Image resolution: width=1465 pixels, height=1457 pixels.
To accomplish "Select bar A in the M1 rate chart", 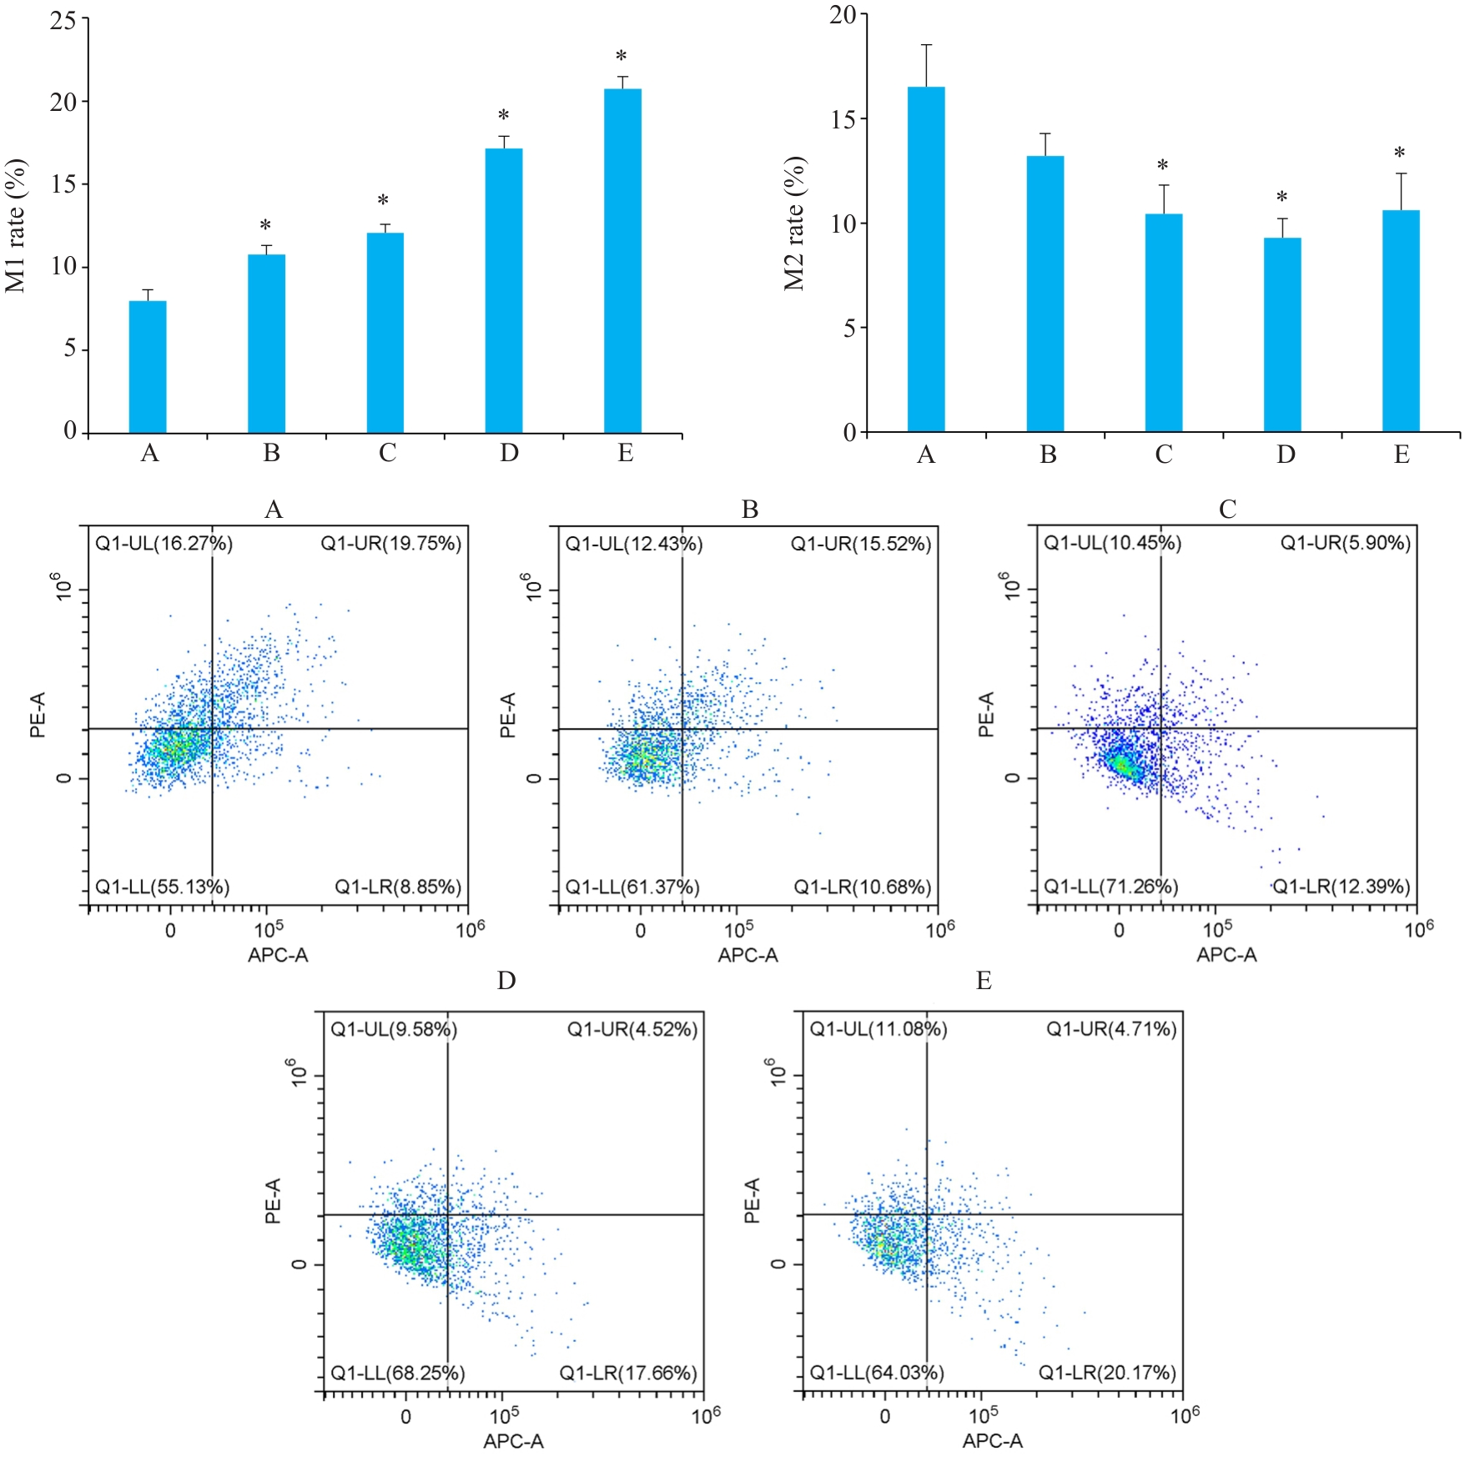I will [x=148, y=366].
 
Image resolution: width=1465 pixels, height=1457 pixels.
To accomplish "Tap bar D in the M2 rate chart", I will [x=1282, y=334].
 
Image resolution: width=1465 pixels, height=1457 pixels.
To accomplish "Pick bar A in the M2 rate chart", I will [x=926, y=259].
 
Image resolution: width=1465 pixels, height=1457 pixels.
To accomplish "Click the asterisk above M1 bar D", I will [x=503, y=116].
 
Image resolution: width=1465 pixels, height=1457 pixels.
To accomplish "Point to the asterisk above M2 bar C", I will [x=1162, y=166].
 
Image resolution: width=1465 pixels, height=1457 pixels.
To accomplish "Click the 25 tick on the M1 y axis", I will [x=63, y=20].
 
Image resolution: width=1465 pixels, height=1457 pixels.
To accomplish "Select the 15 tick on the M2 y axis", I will [x=843, y=119].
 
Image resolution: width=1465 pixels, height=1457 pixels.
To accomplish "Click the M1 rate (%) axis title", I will [x=16, y=226].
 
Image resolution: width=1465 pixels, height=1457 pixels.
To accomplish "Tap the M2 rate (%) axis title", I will [x=794, y=224].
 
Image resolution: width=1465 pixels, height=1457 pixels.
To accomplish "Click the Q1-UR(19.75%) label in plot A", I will [x=390, y=544].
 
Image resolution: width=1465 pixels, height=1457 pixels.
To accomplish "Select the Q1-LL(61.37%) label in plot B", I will [x=632, y=887].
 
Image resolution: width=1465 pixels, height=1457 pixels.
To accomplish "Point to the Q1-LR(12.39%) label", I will [x=1341, y=886].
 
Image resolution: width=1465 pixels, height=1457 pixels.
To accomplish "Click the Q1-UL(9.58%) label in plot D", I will [x=394, y=1029].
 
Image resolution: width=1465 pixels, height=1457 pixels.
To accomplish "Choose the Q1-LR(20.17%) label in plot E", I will [x=1107, y=1372].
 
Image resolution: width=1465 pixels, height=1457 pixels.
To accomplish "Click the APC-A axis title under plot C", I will [x=1226, y=955].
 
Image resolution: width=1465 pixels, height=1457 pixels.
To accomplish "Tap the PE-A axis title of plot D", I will [x=273, y=1200].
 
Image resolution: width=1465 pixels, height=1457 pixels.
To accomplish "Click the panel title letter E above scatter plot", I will [x=984, y=980].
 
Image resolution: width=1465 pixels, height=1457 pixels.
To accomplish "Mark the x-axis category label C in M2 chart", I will [x=1164, y=455].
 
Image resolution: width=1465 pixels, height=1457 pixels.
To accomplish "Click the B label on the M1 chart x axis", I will [x=271, y=453].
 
